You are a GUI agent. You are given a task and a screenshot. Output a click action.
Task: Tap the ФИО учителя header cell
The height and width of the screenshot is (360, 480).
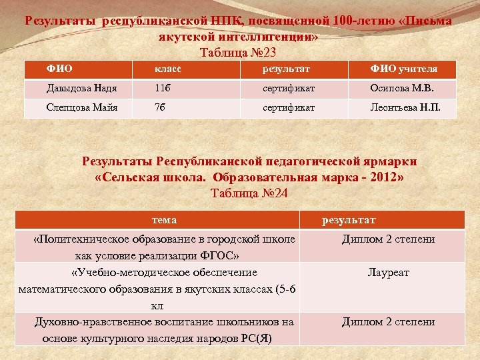[404, 69]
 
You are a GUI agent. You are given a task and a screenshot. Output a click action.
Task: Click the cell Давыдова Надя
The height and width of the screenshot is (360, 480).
[73, 89]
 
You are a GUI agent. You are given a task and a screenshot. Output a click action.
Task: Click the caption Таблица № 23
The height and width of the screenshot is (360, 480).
[238, 52]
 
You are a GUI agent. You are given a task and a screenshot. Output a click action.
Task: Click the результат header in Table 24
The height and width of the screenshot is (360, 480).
[349, 220]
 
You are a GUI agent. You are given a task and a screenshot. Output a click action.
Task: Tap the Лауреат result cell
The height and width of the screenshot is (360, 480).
[388, 272]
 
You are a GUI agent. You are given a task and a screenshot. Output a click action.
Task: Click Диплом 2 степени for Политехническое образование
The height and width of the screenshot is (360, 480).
[388, 239]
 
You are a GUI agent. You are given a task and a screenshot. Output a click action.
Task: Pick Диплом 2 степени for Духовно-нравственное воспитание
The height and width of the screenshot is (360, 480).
[388, 321]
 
